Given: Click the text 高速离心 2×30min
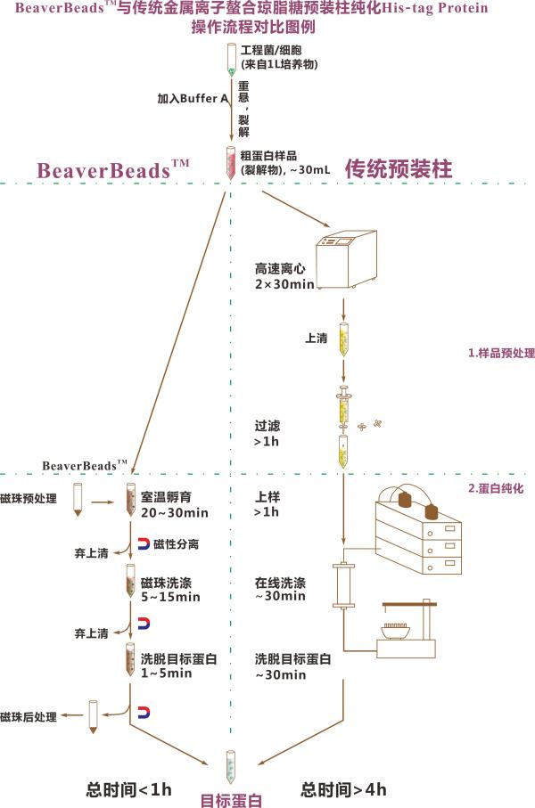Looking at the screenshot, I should tap(284, 276).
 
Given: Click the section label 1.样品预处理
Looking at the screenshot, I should tap(501, 353).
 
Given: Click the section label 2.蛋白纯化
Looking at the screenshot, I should tap(501, 488).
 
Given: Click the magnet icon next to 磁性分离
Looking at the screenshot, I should tap(144, 543).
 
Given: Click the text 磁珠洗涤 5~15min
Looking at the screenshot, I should tap(170, 589).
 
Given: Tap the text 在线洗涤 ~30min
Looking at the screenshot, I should tap(281, 589).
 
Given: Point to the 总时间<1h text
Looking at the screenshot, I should tap(128, 788).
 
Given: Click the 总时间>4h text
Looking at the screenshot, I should tap(343, 788).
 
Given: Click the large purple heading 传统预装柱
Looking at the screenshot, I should tap(399, 168).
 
